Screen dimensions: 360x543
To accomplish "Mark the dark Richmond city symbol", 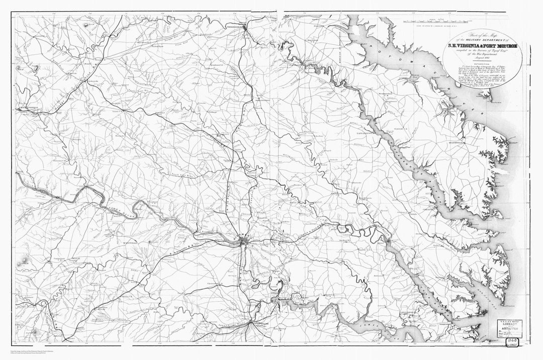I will click(x=244, y=243).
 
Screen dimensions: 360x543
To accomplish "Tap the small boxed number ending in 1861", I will click(x=513, y=343).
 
